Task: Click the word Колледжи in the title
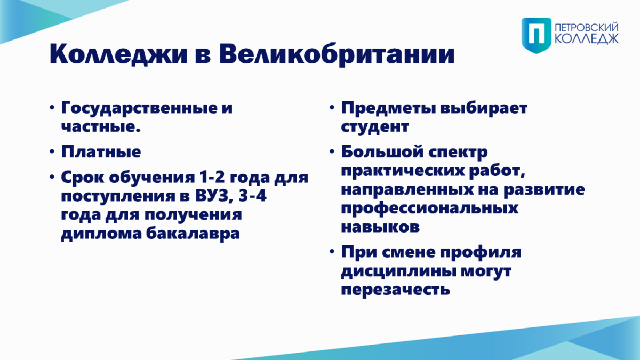click(118, 54)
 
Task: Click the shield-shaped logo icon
click(537, 35)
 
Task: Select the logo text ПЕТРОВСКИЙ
click(586, 27)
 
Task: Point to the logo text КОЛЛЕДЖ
click(586, 39)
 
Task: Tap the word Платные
click(101, 151)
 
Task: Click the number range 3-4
click(252, 196)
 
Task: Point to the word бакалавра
click(193, 233)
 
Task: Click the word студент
click(375, 126)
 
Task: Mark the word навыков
click(380, 227)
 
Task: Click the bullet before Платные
click(52, 151)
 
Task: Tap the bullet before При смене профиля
click(332, 251)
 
